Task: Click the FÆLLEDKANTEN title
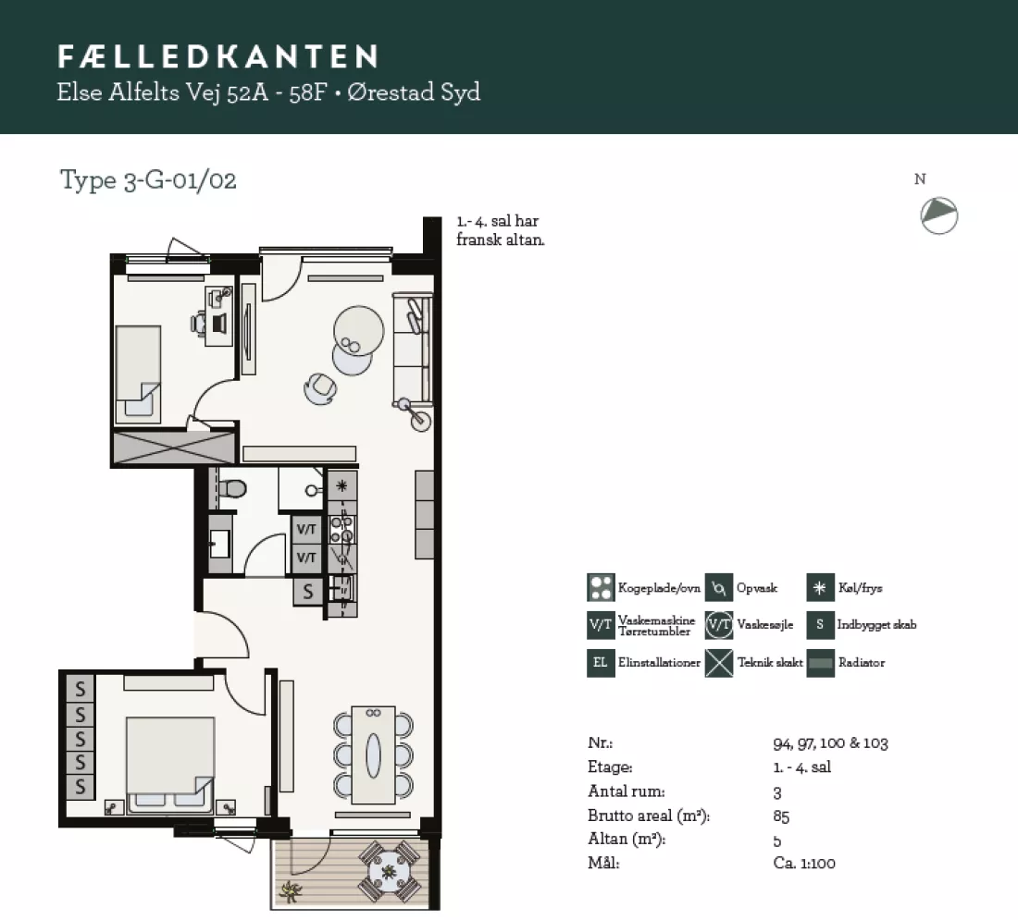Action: pos(218,56)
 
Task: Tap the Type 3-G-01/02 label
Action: pos(148,180)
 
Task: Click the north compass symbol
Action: pos(938,215)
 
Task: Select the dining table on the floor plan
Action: pos(373,754)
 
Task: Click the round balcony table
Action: pos(389,872)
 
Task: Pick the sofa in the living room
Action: pos(412,350)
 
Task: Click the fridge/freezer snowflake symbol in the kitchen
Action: pos(341,485)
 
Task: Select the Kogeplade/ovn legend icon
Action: pos(601,587)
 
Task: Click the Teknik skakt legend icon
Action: pos(719,663)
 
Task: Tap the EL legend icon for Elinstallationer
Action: pos(601,663)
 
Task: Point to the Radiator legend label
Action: pos(862,662)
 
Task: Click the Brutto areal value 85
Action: pos(781,816)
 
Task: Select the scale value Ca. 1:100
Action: pos(804,863)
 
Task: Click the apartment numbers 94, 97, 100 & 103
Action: pos(830,742)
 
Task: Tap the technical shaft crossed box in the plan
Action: pos(174,447)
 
